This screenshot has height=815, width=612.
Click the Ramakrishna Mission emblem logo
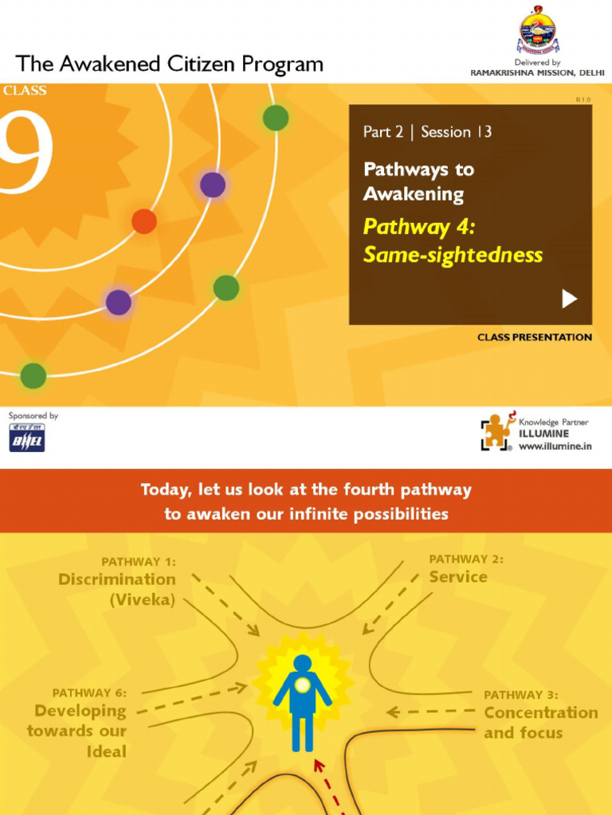click(x=538, y=31)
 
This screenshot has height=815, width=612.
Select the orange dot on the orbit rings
click(x=143, y=220)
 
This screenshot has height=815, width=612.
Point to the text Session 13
click(x=456, y=132)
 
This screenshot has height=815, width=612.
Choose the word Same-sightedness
click(x=453, y=255)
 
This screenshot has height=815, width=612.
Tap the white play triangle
click(x=569, y=298)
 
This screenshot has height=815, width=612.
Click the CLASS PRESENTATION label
click(x=534, y=337)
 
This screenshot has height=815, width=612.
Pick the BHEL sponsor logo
click(x=27, y=438)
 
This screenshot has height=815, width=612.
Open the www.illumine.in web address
click(x=555, y=447)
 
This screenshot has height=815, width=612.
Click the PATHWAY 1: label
click(x=139, y=562)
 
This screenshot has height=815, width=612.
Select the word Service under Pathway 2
click(x=458, y=577)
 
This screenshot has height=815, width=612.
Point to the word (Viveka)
click(x=143, y=600)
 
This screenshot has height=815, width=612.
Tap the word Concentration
click(x=541, y=712)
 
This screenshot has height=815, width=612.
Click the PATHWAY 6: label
click(x=89, y=693)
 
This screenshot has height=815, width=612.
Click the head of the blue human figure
click(x=303, y=662)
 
